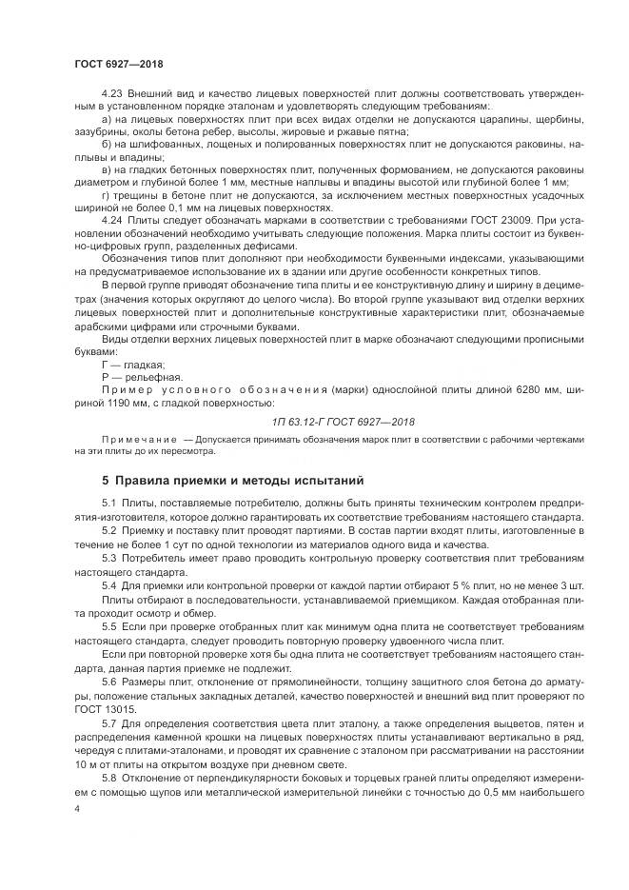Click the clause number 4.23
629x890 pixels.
point(110,95)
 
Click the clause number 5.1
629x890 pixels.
point(107,503)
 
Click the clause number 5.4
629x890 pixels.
point(107,577)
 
